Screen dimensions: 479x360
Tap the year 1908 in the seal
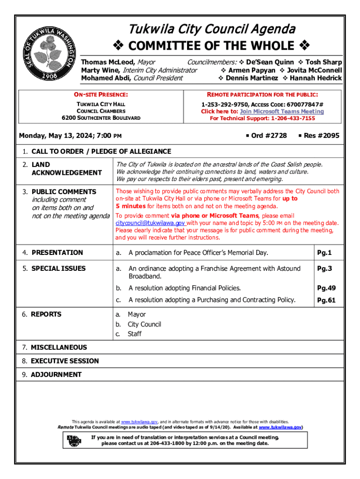[x=48, y=75]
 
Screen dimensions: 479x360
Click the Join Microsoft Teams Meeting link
[x=281, y=112]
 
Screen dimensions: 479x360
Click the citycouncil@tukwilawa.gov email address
[x=150, y=223]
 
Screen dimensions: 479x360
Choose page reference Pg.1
[x=324, y=253]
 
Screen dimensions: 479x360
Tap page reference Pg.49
[x=326, y=288]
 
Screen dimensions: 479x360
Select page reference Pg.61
[x=326, y=300]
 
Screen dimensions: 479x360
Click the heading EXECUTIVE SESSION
[x=65, y=361]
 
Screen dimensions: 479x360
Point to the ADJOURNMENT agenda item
[x=56, y=375]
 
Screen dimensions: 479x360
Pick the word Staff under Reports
[x=135, y=334]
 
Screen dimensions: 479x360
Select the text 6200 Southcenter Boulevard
[x=101, y=118]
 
